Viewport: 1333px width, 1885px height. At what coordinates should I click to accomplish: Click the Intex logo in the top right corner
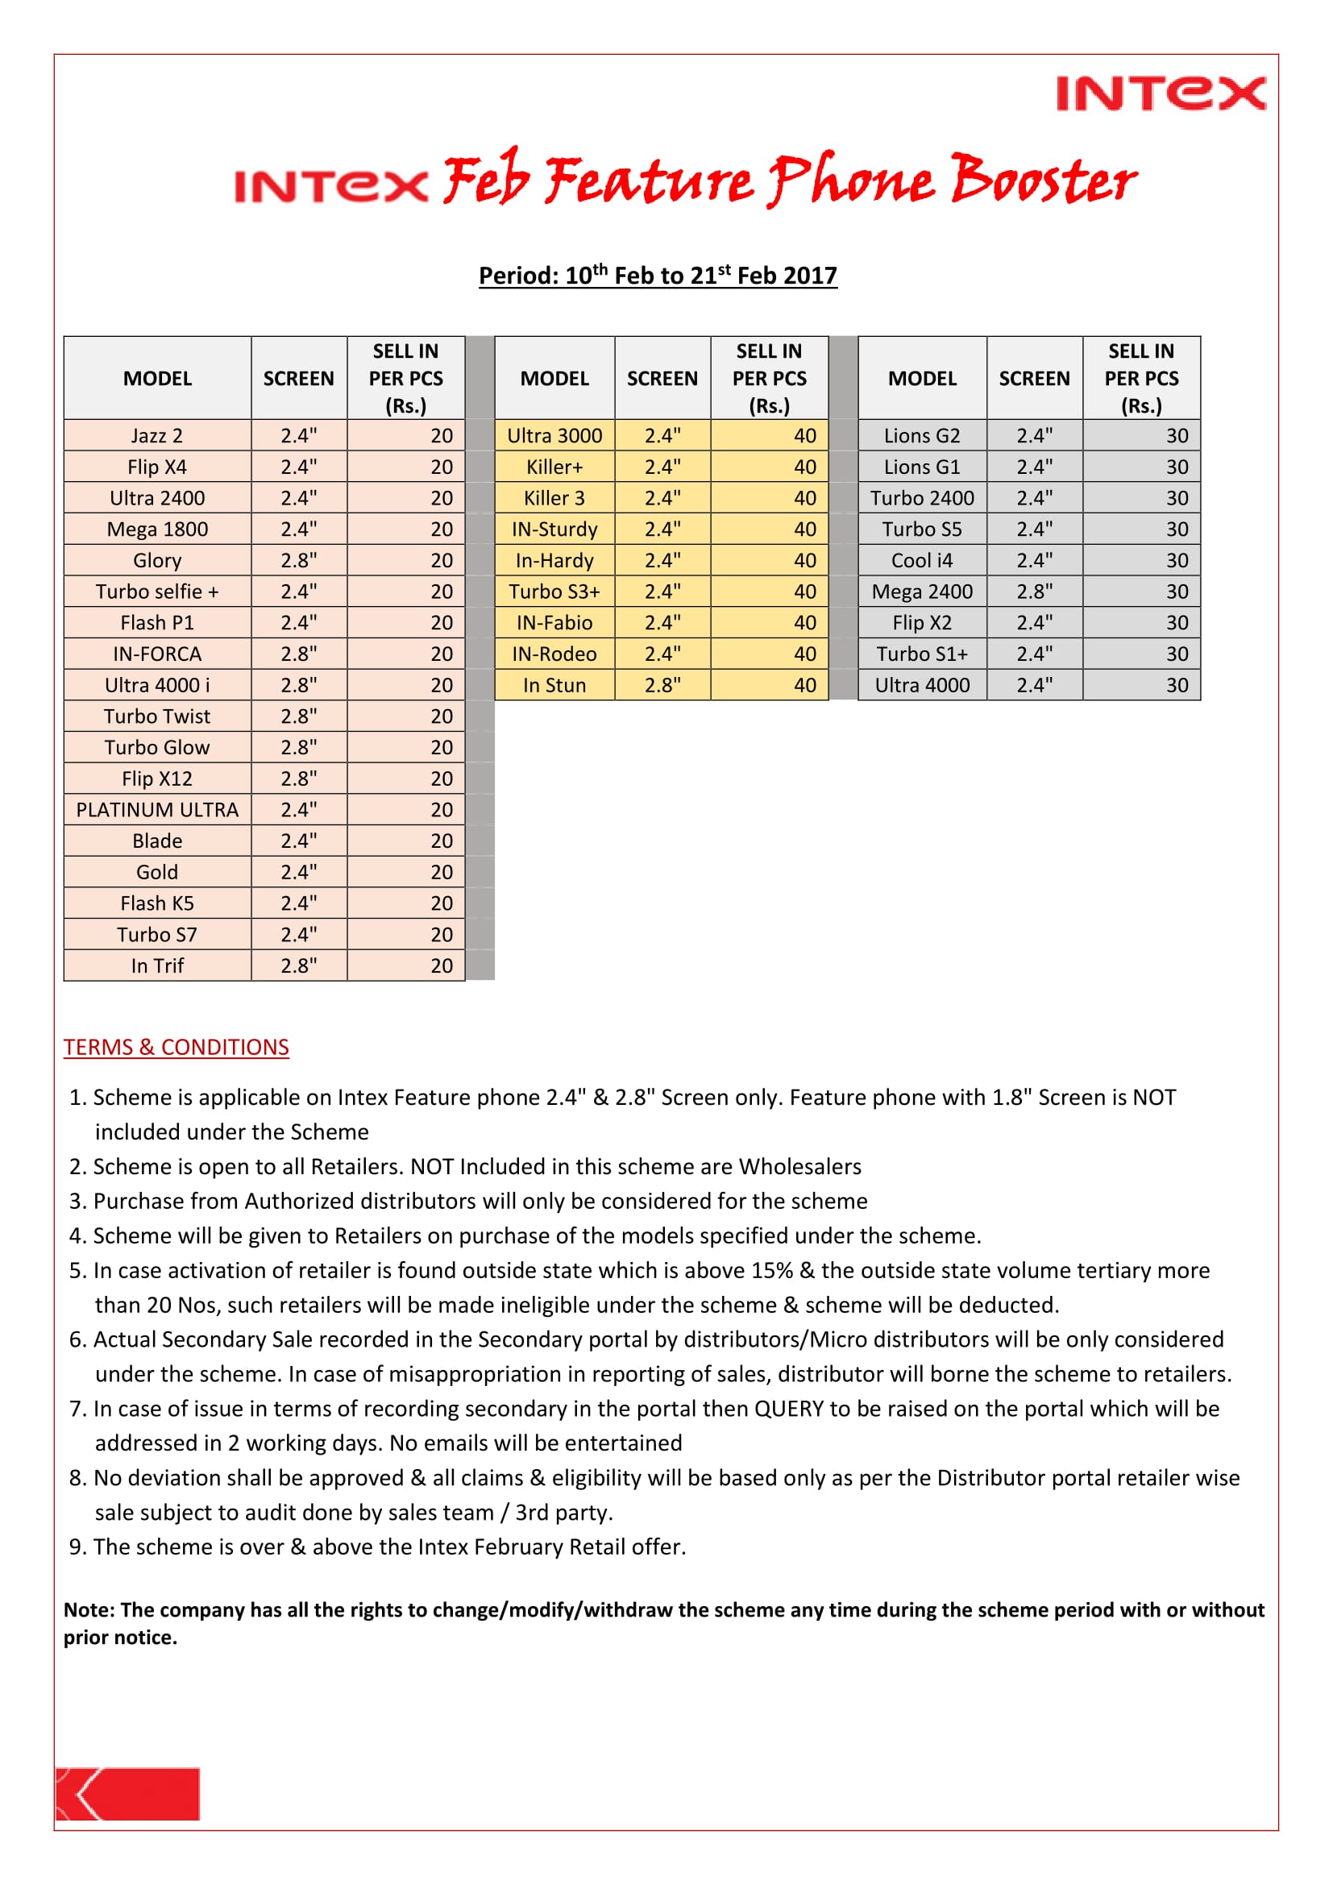click(1160, 93)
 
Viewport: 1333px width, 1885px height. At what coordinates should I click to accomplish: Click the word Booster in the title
click(1042, 180)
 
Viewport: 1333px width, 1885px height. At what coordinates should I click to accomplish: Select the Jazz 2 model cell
click(157, 436)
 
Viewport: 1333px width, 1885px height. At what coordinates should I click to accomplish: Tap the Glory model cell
click(157, 561)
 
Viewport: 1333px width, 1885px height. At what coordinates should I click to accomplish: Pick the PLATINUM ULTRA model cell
click(157, 810)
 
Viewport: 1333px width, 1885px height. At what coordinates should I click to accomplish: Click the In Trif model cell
click(157, 966)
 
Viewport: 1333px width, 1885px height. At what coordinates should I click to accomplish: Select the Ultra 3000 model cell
click(554, 436)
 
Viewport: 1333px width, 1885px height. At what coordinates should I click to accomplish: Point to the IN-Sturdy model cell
click(554, 529)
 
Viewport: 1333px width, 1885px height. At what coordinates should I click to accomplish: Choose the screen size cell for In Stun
click(662, 686)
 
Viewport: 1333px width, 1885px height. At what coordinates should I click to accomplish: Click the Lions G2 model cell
click(922, 436)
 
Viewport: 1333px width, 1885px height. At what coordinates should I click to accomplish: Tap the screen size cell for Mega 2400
click(1033, 592)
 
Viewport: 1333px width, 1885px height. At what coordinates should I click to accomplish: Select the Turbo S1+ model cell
click(922, 654)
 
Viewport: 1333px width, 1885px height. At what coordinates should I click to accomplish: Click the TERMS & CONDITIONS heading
click(176, 1048)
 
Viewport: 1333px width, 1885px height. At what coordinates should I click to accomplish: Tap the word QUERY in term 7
click(788, 1409)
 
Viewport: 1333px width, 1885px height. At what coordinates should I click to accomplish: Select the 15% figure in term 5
click(771, 1271)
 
